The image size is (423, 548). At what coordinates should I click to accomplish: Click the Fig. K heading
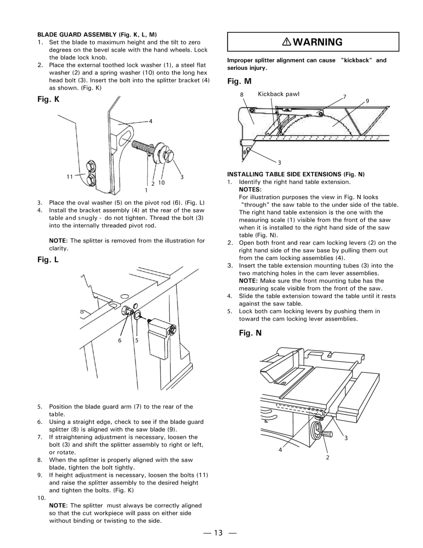(x=48, y=99)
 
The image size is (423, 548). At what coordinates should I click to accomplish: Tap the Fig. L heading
(x=48, y=260)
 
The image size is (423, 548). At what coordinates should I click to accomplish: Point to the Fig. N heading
(x=250, y=333)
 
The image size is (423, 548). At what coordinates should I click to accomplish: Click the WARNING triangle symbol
(x=287, y=42)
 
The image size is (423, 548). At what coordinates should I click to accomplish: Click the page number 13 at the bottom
(x=220, y=532)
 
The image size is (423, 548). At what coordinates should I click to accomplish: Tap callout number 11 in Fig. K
(x=69, y=176)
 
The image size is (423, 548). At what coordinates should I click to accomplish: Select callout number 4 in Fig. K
(x=150, y=121)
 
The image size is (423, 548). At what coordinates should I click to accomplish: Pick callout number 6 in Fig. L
(x=120, y=340)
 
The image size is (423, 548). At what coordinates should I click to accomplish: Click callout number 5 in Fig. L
(x=136, y=340)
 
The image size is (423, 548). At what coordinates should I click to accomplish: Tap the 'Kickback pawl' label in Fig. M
(x=278, y=94)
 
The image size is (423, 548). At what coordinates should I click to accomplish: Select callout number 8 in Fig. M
(x=242, y=95)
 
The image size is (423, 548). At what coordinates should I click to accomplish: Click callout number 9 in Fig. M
(x=367, y=100)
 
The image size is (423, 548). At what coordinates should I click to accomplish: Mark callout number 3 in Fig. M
(x=279, y=162)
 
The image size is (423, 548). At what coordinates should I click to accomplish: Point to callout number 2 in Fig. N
(x=327, y=457)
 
